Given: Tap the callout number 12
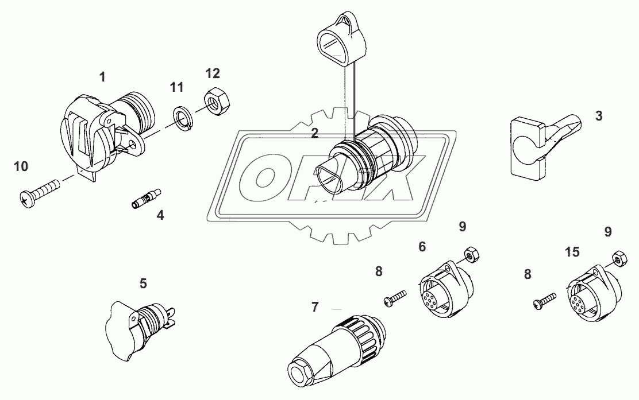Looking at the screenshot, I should (213, 73).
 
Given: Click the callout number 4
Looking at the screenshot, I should (160, 216).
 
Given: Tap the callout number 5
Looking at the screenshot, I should (143, 283).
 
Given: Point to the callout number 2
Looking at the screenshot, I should (314, 134).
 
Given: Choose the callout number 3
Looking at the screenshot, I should (599, 116).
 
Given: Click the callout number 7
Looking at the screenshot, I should (314, 306).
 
